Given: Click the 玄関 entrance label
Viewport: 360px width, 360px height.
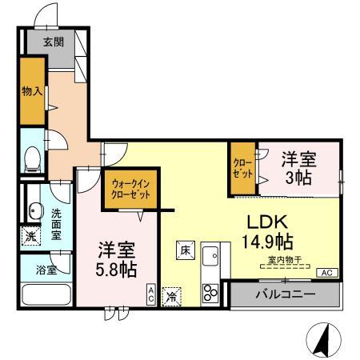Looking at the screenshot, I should [x=54, y=42].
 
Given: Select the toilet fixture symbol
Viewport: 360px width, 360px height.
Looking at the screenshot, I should [x=31, y=161].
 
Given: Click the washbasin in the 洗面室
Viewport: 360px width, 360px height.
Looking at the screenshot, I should [x=34, y=211].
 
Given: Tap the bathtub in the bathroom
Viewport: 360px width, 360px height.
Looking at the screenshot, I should [x=46, y=294].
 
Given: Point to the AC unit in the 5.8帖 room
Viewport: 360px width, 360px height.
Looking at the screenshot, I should [x=150, y=294].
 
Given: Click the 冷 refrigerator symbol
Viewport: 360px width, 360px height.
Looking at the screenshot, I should [x=170, y=295].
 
